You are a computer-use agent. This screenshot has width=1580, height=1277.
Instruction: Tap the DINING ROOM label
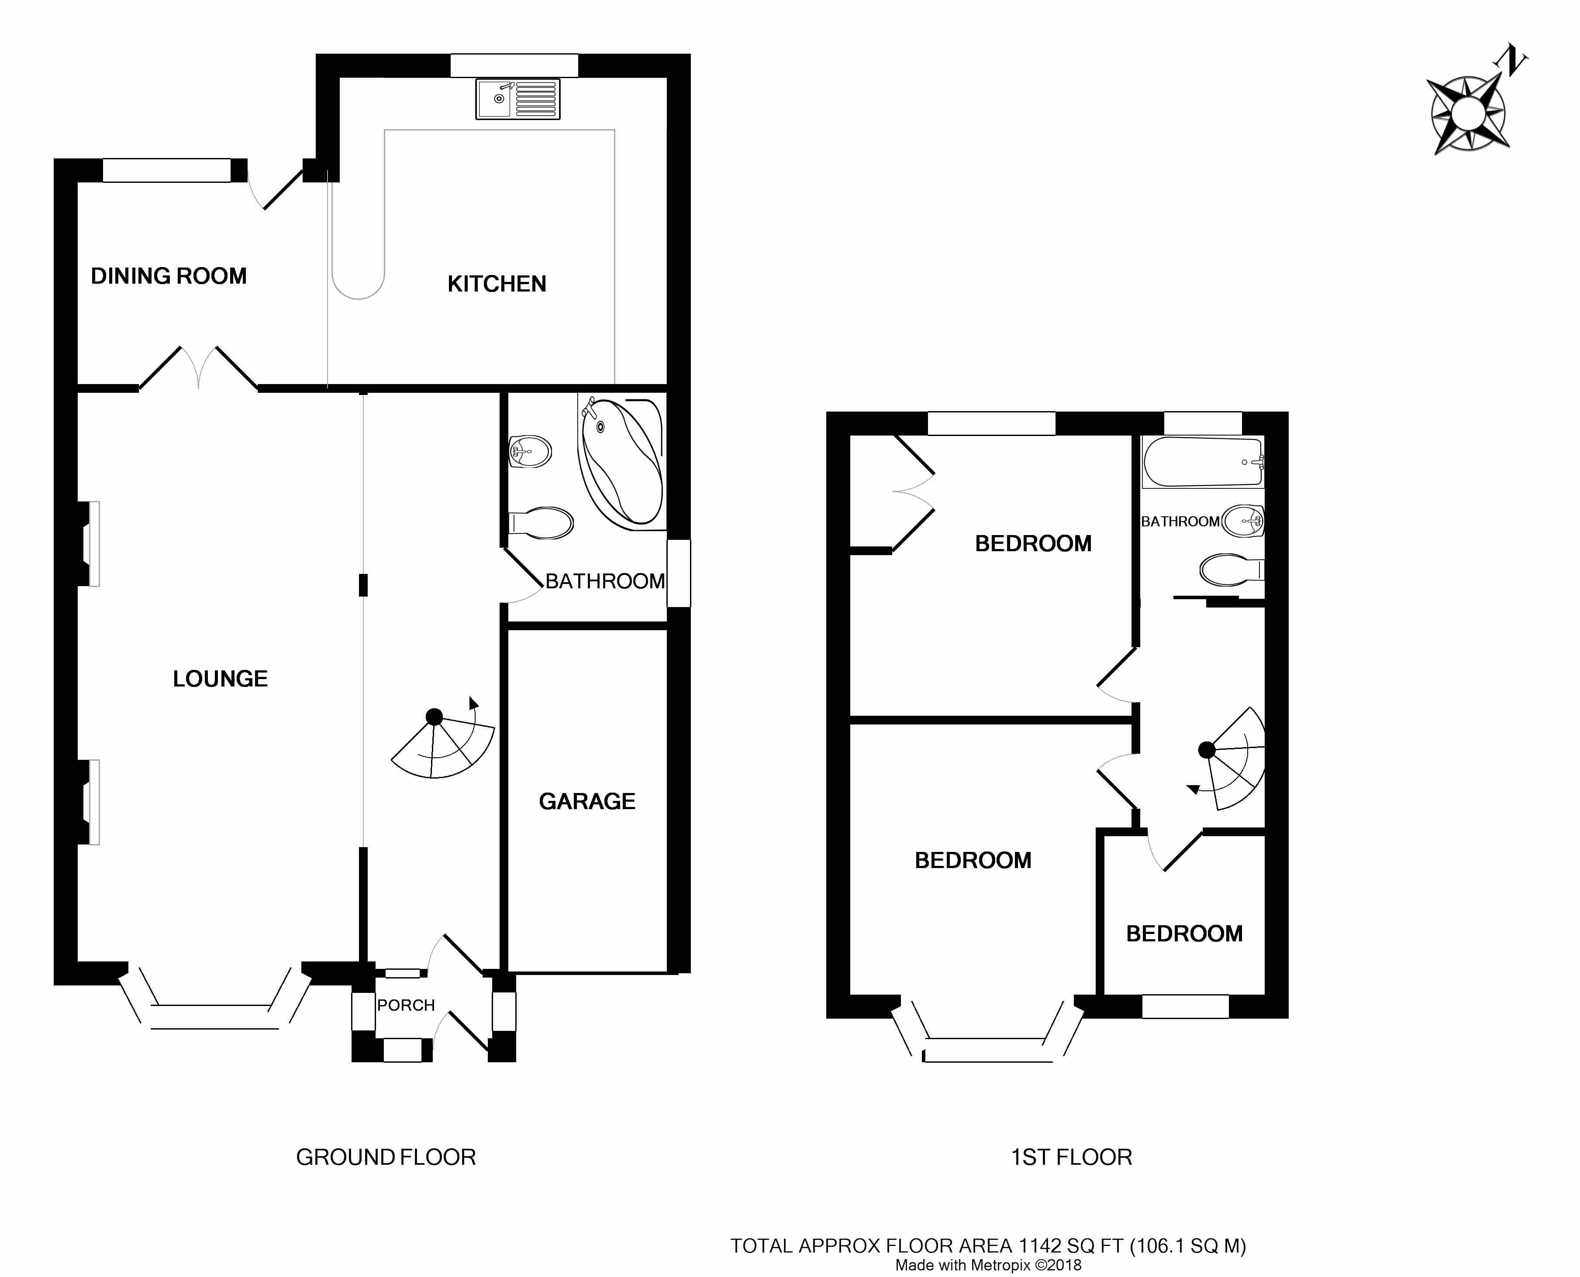tap(169, 276)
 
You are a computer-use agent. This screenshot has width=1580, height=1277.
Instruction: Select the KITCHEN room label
tap(497, 284)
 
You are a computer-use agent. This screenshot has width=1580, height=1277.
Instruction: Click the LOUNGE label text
tap(220, 678)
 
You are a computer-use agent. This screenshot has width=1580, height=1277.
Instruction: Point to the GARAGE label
tap(586, 801)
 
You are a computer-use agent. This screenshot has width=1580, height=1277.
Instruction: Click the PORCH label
tap(406, 1005)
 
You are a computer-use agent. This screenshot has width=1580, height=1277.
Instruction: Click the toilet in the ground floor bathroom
tap(541, 523)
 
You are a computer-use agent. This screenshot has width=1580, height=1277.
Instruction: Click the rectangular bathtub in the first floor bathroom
tap(1203, 462)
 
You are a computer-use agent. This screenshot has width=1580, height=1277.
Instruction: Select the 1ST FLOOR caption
tap(1072, 1157)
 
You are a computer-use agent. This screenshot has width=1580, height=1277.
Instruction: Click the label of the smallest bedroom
tap(1184, 934)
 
